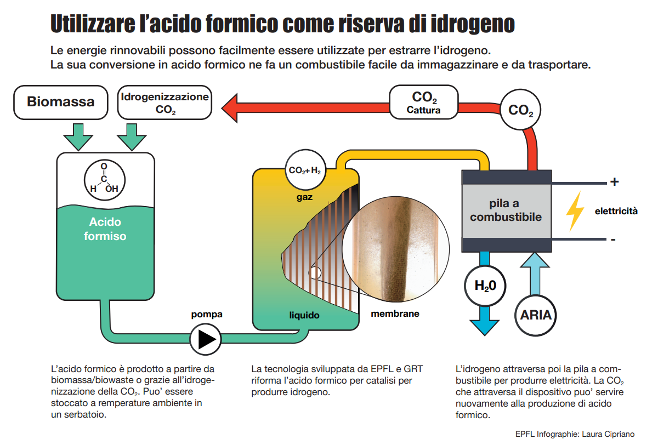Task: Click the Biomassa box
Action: coord(60,102)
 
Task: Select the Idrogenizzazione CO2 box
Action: coord(165,102)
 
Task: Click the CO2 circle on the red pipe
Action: coord(520,110)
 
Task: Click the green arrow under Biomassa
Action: coord(79,136)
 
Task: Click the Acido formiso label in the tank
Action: coord(105,229)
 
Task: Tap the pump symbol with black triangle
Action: coord(206,339)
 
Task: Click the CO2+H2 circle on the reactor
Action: coord(305,170)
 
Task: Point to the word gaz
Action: coord(304,197)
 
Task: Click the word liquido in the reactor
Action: coord(304,315)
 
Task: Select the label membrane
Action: coord(395,314)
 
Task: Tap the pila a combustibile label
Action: coord(506,210)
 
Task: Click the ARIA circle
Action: coord(536,315)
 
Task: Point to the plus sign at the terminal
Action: coord(614,182)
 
